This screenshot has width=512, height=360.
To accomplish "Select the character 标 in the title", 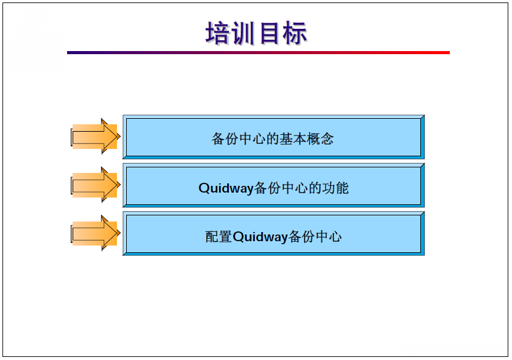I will pos(295,33).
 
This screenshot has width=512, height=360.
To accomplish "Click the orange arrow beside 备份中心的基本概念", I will pos(95,136).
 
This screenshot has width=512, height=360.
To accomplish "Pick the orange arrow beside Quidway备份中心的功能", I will pos(95,185).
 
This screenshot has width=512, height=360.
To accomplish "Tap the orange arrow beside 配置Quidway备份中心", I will pos(95,233).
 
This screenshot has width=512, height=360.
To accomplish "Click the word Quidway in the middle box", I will pos(225,188).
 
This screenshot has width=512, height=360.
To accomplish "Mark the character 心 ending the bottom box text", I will pos(335,237).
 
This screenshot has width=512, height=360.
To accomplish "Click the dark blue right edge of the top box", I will pos(423,136).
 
